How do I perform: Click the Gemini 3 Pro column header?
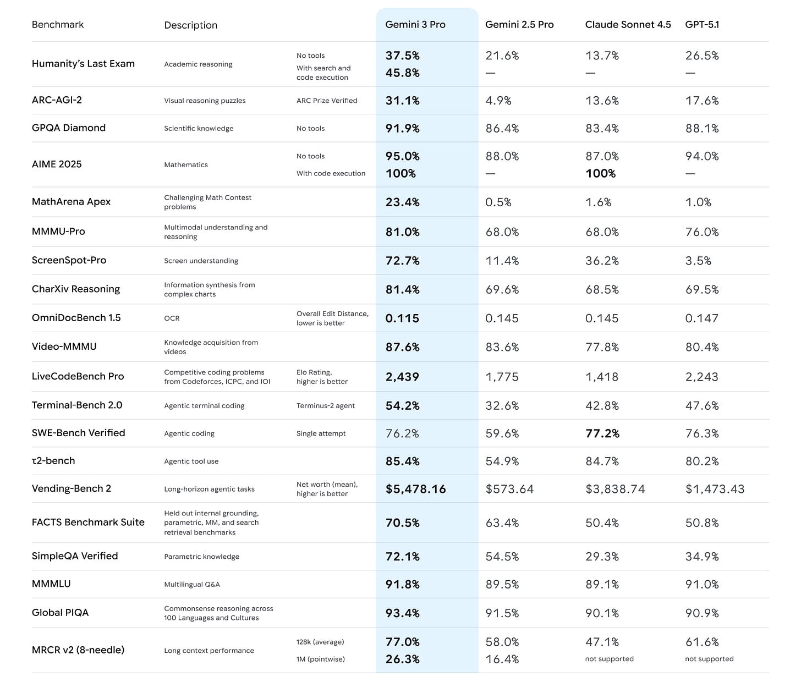[x=415, y=25]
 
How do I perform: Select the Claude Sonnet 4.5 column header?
[x=628, y=25]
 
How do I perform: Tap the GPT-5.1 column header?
[x=702, y=25]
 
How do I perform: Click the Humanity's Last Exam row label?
[x=83, y=64]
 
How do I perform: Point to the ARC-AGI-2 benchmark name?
[x=57, y=100]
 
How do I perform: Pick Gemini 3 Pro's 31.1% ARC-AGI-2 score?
[x=402, y=101]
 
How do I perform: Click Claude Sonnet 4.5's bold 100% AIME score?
[x=600, y=174]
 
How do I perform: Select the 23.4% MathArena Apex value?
[x=402, y=202]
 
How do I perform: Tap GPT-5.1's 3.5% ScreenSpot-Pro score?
[x=698, y=261]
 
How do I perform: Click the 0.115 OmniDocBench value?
[x=402, y=318]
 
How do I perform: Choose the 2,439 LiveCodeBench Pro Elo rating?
[x=402, y=377]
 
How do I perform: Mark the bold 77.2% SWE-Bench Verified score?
[x=602, y=434]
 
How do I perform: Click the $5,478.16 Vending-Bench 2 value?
[x=415, y=490]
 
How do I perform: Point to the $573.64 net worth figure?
[x=509, y=490]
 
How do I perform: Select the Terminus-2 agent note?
[x=326, y=406]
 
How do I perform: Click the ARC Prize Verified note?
[x=327, y=101]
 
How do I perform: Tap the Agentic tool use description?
[x=191, y=461]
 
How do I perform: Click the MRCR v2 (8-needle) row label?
[x=78, y=650]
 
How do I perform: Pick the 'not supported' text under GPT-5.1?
[x=709, y=659]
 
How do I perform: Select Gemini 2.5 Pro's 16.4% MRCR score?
[x=502, y=659]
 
